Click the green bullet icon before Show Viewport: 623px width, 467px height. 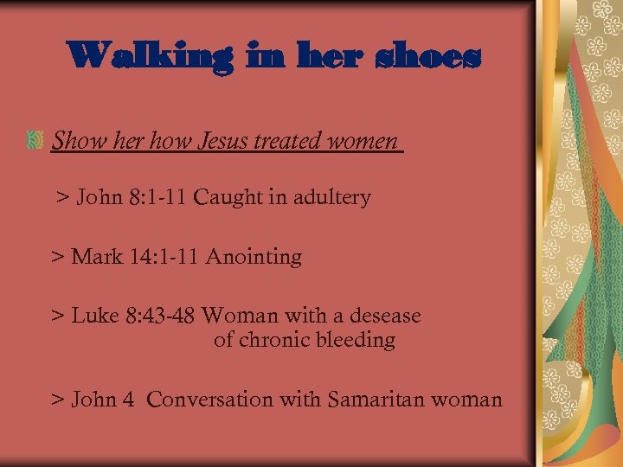35,139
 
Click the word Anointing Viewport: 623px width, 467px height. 254,257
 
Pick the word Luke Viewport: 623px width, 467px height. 95,316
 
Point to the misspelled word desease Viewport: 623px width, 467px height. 385,316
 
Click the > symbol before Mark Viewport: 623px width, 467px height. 58,257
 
